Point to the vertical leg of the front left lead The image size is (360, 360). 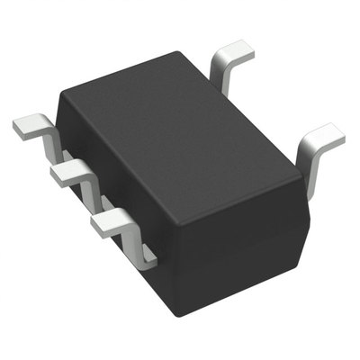142,245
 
